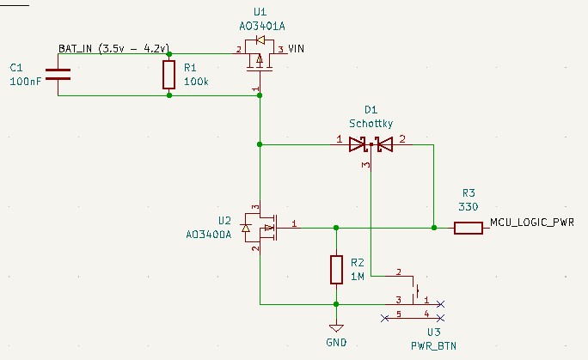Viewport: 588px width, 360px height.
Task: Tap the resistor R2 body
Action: [336, 270]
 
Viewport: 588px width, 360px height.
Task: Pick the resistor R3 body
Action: [468, 228]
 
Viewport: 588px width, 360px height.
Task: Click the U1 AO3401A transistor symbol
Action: [260, 62]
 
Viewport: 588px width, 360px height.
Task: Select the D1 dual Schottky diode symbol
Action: [371, 144]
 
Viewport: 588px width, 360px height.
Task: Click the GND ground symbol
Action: [336, 328]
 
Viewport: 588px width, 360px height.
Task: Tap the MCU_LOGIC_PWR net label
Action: [531, 223]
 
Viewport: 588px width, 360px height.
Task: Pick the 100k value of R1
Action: [196, 82]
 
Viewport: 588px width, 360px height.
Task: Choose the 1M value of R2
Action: [358, 276]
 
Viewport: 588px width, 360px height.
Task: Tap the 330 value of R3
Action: [469, 206]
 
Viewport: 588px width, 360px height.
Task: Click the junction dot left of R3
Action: [434, 228]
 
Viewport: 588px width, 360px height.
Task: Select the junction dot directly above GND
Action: [336, 304]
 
